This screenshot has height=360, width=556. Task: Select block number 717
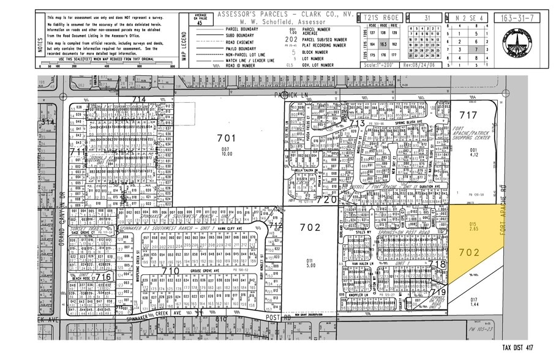[468, 114]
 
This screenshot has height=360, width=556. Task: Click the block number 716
[103, 277]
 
